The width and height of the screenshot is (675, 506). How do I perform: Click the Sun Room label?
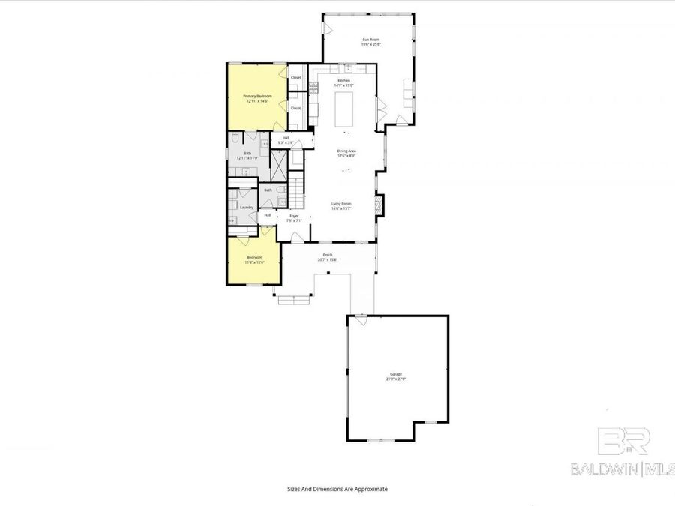click(369, 40)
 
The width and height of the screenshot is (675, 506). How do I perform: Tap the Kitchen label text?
click(344, 80)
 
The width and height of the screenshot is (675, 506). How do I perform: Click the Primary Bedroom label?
click(257, 96)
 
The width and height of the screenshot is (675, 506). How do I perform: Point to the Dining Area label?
click(346, 151)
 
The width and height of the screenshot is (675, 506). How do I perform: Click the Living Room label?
click(342, 203)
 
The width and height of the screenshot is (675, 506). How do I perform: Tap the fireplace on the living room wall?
click(379, 204)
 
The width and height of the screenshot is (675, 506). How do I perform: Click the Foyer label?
click(294, 216)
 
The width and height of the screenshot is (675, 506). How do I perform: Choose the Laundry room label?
click(247, 207)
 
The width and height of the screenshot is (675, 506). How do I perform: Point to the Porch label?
click(328, 256)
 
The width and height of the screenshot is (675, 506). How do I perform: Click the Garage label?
click(395, 374)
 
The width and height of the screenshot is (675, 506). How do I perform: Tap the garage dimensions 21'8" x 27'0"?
click(395, 379)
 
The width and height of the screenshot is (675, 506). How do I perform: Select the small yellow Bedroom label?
click(253, 258)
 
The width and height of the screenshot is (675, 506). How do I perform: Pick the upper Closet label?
click(295, 78)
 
